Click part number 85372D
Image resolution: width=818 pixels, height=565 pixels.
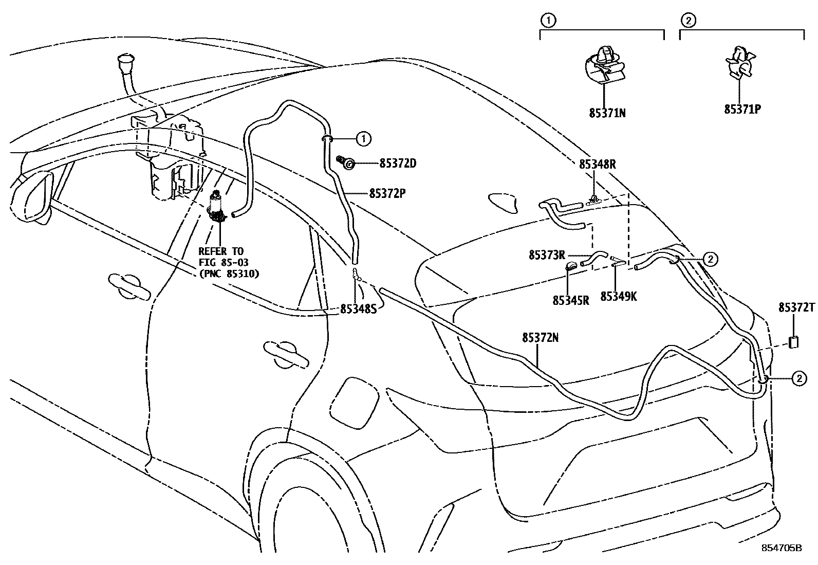(398, 164)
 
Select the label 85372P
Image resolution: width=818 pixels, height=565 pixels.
(388, 194)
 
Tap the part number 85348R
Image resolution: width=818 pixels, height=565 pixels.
(597, 164)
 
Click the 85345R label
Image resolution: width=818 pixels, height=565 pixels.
(570, 300)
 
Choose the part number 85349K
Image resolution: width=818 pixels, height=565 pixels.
(619, 297)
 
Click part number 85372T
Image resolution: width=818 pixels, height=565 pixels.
(796, 307)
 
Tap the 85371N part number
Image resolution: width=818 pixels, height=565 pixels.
(607, 113)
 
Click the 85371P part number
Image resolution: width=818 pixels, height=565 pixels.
(742, 109)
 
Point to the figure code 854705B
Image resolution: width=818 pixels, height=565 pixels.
(782, 548)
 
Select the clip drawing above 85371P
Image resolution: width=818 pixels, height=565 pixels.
(740, 61)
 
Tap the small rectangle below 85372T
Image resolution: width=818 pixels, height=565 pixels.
(794, 342)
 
